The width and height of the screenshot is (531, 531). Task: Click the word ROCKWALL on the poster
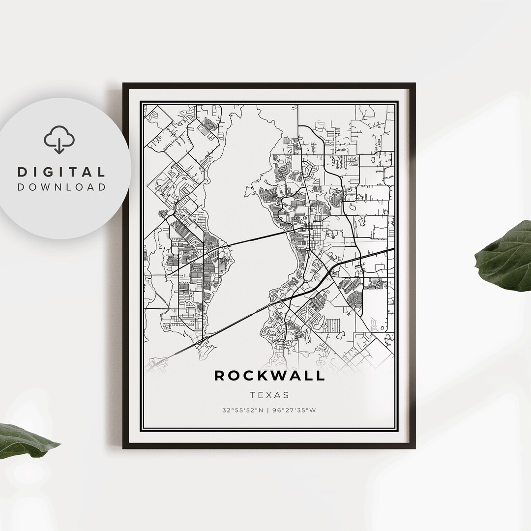[269, 376]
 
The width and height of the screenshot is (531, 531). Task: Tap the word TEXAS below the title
[269, 395]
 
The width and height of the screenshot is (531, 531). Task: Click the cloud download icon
[59, 139]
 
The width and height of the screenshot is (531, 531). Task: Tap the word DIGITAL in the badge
[61, 172]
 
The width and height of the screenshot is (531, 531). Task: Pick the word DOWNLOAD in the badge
[61, 187]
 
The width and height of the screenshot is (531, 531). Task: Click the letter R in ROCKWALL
[220, 376]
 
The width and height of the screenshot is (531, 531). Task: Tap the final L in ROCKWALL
[321, 376]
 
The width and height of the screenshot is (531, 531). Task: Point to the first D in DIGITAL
[22, 172]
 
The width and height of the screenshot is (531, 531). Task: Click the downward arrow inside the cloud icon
[59, 146]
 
